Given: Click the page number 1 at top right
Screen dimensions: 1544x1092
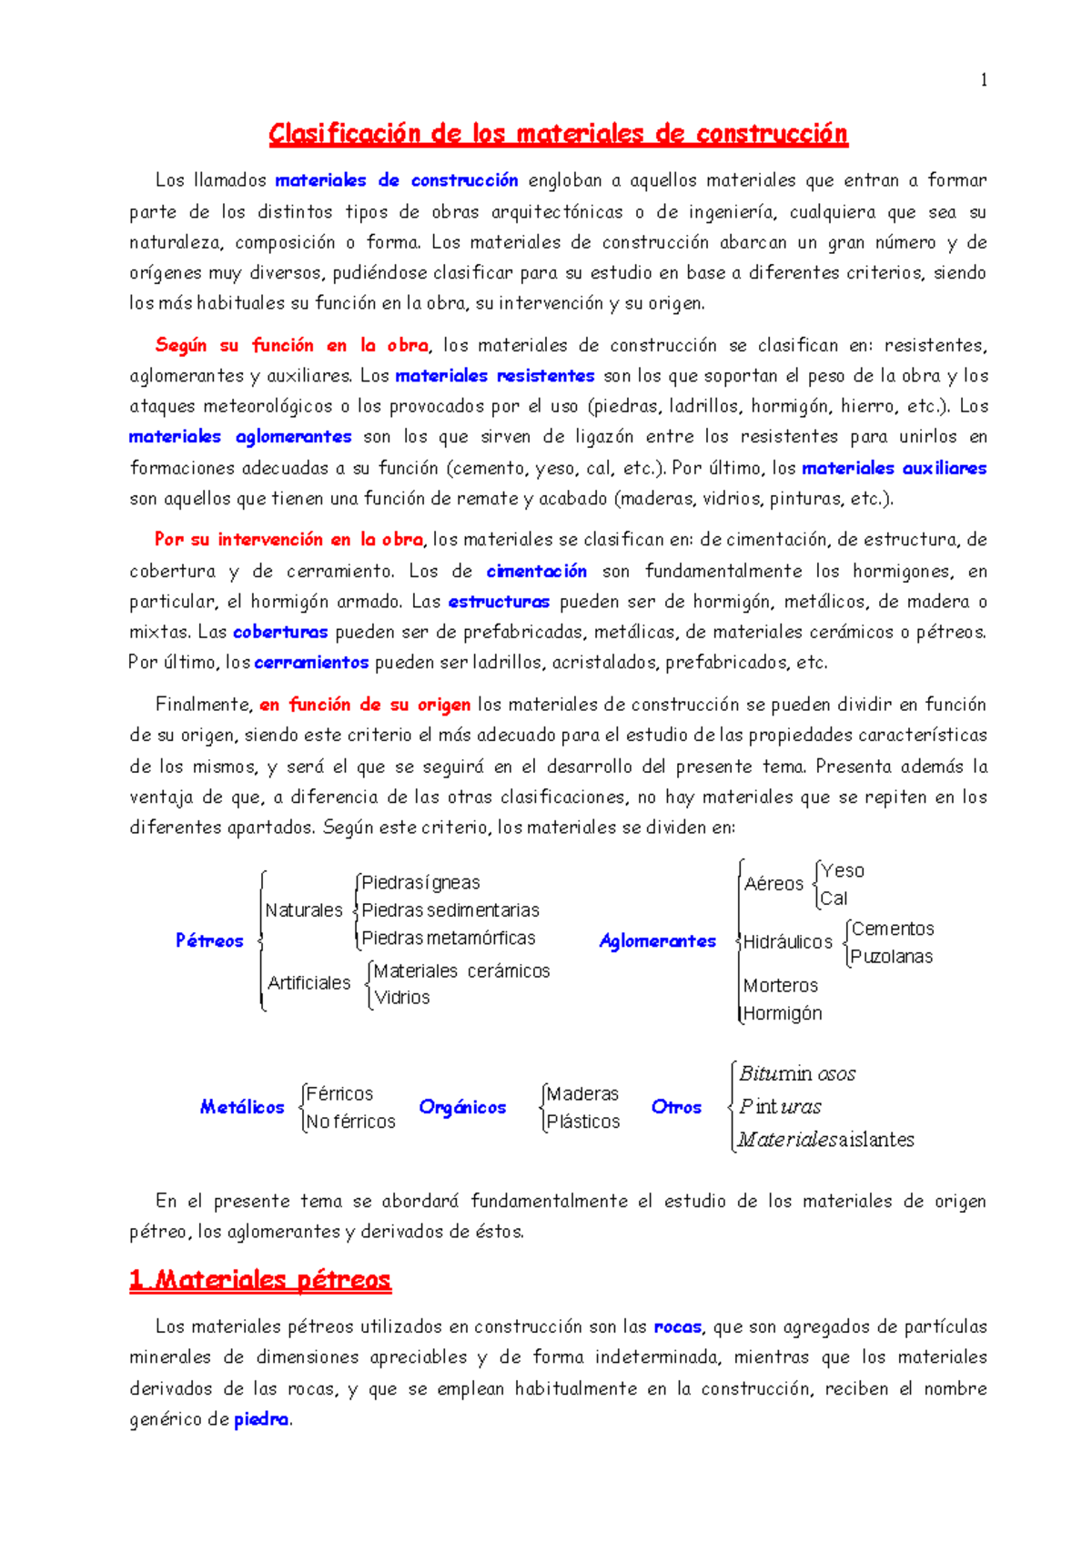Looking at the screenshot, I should tap(983, 80).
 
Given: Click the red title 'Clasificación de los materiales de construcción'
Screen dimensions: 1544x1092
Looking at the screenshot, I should tap(558, 135).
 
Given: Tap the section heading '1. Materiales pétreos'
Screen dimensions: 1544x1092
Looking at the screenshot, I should tap(260, 1280).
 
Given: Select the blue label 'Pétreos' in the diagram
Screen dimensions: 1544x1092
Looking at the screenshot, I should tap(209, 940).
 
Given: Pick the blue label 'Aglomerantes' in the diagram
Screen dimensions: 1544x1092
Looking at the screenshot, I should tap(657, 941).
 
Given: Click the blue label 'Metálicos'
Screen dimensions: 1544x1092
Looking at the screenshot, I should tap(242, 1107).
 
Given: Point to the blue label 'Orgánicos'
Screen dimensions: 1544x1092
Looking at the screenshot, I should tap(462, 1107).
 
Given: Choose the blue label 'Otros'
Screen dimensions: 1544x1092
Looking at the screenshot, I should tap(676, 1107).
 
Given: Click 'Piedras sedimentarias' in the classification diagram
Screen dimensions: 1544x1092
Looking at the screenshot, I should tap(450, 910).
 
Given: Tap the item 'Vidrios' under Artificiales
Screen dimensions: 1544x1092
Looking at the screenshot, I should tap(402, 998).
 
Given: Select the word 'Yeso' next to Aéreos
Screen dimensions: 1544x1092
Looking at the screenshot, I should tap(843, 871).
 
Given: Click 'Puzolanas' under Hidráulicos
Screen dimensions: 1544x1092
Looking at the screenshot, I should tap(891, 957).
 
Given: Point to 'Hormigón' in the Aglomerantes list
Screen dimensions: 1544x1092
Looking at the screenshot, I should tap(783, 1013).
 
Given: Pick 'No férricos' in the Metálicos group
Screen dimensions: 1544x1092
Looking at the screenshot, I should tap(350, 1122).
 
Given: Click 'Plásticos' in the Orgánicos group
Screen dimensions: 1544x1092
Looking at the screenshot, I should tap(583, 1122).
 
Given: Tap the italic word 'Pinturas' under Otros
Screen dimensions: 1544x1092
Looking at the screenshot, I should tap(780, 1107).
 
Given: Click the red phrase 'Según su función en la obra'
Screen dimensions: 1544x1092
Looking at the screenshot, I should tap(291, 346).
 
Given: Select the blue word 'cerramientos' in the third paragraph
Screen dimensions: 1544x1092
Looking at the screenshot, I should tap(311, 663).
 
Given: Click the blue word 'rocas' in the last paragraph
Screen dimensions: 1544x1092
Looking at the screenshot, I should tap(677, 1327).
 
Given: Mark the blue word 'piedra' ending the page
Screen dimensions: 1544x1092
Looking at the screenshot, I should tap(261, 1419).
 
